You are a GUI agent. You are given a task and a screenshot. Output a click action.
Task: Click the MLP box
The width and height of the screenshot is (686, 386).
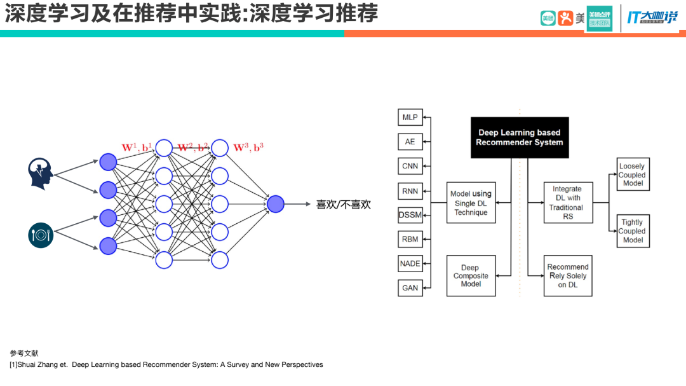pyautogui.click(x=410, y=118)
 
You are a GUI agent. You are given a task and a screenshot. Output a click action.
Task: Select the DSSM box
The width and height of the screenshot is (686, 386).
pyautogui.click(x=410, y=215)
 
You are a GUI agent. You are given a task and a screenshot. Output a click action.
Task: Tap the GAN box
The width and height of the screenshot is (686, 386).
pyautogui.click(x=410, y=287)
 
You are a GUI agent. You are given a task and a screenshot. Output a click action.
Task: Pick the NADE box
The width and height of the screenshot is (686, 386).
pyautogui.click(x=410, y=263)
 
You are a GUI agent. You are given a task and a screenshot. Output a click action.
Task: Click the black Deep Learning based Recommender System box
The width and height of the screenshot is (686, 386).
pyautogui.click(x=520, y=137)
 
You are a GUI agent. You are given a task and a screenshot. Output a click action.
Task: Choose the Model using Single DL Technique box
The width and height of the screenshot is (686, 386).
pyautogui.click(x=471, y=203)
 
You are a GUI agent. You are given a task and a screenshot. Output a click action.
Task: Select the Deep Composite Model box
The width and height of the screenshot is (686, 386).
pyautogui.click(x=471, y=276)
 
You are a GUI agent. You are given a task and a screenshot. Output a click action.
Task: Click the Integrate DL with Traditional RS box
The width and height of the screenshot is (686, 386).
pyautogui.click(x=567, y=203)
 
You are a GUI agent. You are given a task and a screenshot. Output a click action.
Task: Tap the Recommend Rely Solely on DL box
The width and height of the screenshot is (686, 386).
pyautogui.click(x=567, y=276)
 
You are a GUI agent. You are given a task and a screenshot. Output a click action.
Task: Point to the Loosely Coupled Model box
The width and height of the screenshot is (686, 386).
pyautogui.click(x=633, y=175)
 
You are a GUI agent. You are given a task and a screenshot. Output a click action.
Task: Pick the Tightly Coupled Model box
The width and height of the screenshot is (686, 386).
pyautogui.click(x=633, y=231)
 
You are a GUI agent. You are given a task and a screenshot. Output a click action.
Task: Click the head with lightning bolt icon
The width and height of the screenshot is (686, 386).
pyautogui.click(x=40, y=173)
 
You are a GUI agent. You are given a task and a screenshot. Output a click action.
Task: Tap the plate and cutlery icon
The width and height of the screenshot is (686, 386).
pyautogui.click(x=41, y=235)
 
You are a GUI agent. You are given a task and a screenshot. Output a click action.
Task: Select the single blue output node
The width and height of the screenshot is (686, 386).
pyautogui.click(x=276, y=204)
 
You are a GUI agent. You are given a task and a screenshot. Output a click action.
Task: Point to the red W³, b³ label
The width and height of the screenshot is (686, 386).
pyautogui.click(x=248, y=148)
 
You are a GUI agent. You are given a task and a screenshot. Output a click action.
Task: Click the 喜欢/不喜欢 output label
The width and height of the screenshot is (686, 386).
pyautogui.click(x=343, y=205)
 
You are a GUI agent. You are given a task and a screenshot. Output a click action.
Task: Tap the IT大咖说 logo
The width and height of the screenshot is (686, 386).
pyautogui.click(x=652, y=17)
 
